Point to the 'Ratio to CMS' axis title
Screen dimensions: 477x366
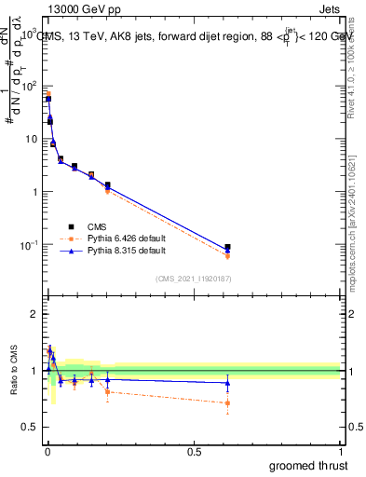(x=13, y=371)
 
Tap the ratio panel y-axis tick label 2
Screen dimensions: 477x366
(x=34, y=314)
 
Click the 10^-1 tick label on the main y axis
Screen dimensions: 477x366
(x=28, y=245)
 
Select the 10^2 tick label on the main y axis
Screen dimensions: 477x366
(x=29, y=86)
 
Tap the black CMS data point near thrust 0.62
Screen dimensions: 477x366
(x=227, y=248)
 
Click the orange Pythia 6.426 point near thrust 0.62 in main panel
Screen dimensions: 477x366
(x=227, y=255)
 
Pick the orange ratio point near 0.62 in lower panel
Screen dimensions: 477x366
(x=227, y=403)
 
